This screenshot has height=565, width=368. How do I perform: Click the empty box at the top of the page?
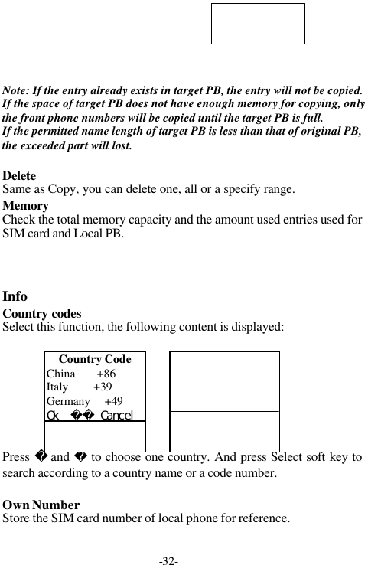coord(258,24)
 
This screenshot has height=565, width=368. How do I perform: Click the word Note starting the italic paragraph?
coord(17,90)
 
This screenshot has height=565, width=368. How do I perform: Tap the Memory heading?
coord(26,206)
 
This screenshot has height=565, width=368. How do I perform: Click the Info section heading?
coord(15,296)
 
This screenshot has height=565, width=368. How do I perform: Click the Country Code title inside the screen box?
coord(95,359)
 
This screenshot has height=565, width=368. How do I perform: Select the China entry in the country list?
coord(61,374)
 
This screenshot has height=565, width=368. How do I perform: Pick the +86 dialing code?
coord(106,374)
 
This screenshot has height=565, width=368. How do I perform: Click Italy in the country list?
coord(57,387)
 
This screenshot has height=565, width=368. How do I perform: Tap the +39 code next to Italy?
coord(102,387)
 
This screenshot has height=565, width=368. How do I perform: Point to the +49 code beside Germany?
coord(113,401)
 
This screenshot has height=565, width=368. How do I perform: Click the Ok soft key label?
coord(54,415)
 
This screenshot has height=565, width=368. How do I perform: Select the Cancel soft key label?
coord(116,415)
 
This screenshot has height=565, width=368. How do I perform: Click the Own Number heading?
coord(41,505)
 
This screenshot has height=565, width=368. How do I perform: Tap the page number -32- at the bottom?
coord(168,561)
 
